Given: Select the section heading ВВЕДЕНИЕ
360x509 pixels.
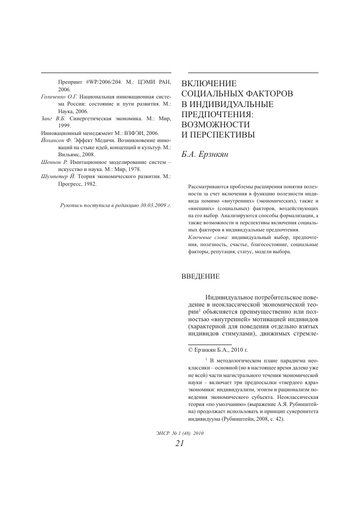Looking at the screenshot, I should click(x=200, y=277).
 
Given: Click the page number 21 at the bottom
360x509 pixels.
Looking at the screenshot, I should click(x=179, y=444).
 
